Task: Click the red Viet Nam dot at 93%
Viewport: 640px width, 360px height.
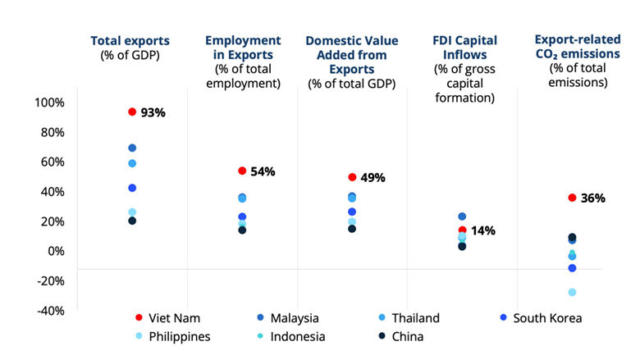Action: tap(131, 112)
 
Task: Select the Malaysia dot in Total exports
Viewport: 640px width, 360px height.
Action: tap(131, 148)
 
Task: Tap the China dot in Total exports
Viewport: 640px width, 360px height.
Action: tap(131, 221)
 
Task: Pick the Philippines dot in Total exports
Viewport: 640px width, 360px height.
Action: tap(131, 212)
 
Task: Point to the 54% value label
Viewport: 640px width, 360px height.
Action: tap(263, 171)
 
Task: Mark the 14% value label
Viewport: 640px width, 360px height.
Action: tap(483, 230)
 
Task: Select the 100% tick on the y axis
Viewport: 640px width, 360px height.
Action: tap(48, 103)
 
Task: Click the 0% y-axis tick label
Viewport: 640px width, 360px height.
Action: tap(54, 251)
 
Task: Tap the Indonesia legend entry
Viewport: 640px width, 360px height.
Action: tap(289, 336)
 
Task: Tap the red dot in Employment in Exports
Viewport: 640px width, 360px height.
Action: tap(242, 171)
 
